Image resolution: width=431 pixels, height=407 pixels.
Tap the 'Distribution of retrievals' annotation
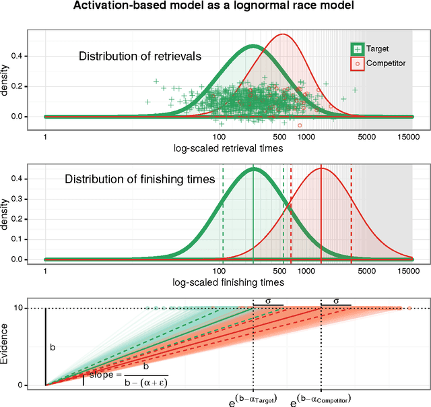[x=140, y=57]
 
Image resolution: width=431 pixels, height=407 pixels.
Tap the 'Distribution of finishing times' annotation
[x=140, y=179]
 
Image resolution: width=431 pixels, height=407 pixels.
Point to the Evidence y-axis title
[x=7, y=344]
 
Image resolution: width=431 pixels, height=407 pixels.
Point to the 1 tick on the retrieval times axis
[x=45, y=135]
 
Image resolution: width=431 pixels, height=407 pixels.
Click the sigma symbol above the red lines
[x=336, y=301]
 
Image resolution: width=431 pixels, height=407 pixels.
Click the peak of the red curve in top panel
[x=284, y=34]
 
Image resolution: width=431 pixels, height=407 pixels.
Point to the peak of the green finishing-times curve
[x=253, y=168]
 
